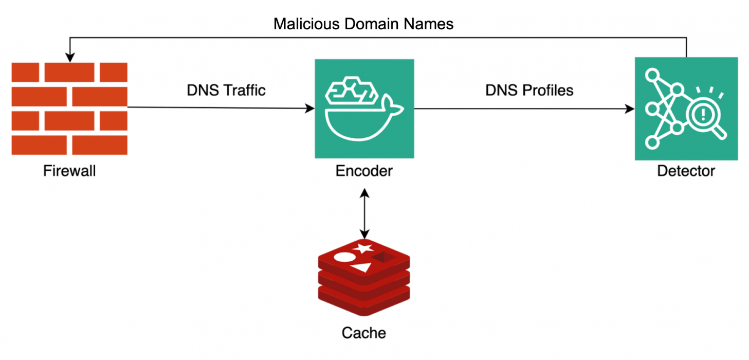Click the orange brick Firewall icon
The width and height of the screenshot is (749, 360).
(x=69, y=109)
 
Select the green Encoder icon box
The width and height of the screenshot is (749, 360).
(x=364, y=109)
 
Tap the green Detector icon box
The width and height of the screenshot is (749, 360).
(x=686, y=109)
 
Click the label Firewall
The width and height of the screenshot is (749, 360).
(x=69, y=171)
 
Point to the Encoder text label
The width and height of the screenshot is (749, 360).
(x=364, y=171)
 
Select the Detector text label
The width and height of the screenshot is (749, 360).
(x=686, y=171)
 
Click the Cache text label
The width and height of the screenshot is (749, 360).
(x=364, y=333)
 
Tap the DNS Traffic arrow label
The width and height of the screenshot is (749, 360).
(x=226, y=90)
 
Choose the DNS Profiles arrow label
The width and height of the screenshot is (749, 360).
(x=529, y=90)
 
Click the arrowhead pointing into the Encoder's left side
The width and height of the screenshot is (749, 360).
(x=310, y=109)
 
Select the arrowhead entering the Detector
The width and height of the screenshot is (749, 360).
(x=630, y=109)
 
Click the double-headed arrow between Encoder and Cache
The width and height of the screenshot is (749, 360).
(x=364, y=213)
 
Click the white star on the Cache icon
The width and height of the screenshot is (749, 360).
(x=364, y=248)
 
